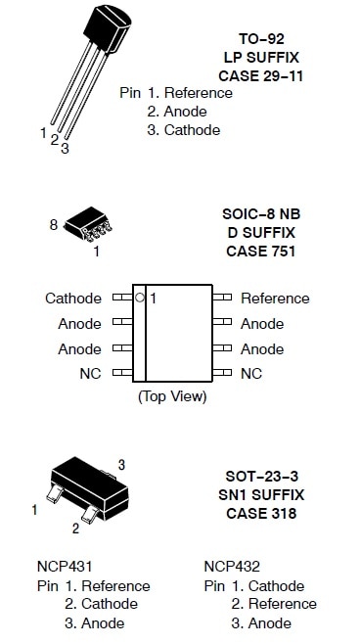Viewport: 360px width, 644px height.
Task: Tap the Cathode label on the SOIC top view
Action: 72,299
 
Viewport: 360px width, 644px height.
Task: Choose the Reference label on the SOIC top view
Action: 275,299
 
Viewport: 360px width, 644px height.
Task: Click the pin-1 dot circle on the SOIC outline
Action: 140,297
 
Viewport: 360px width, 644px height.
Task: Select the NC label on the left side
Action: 90,374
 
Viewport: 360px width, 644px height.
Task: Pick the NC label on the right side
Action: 251,374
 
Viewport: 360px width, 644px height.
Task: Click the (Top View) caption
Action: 172,396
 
